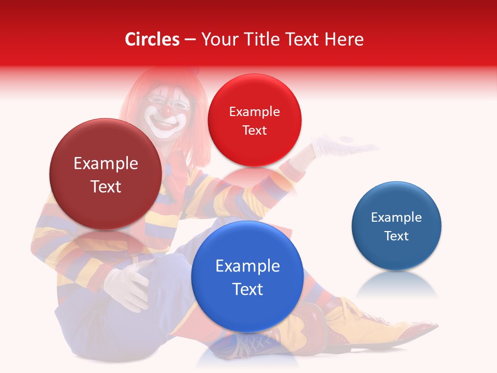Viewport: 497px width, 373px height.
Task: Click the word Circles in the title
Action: point(152,39)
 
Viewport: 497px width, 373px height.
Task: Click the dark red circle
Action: point(106,175)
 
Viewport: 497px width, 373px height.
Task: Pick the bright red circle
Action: point(254,120)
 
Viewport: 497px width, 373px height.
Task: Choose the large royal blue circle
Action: point(247,277)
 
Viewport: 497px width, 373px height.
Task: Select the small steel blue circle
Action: point(397,226)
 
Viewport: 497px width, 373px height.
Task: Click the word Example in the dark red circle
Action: point(106,164)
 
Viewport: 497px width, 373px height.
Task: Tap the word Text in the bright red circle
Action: point(254,131)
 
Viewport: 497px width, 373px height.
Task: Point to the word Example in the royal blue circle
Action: point(247,266)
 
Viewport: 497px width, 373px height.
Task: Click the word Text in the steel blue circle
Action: point(397,236)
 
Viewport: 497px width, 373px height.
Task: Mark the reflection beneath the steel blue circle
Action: point(397,285)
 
